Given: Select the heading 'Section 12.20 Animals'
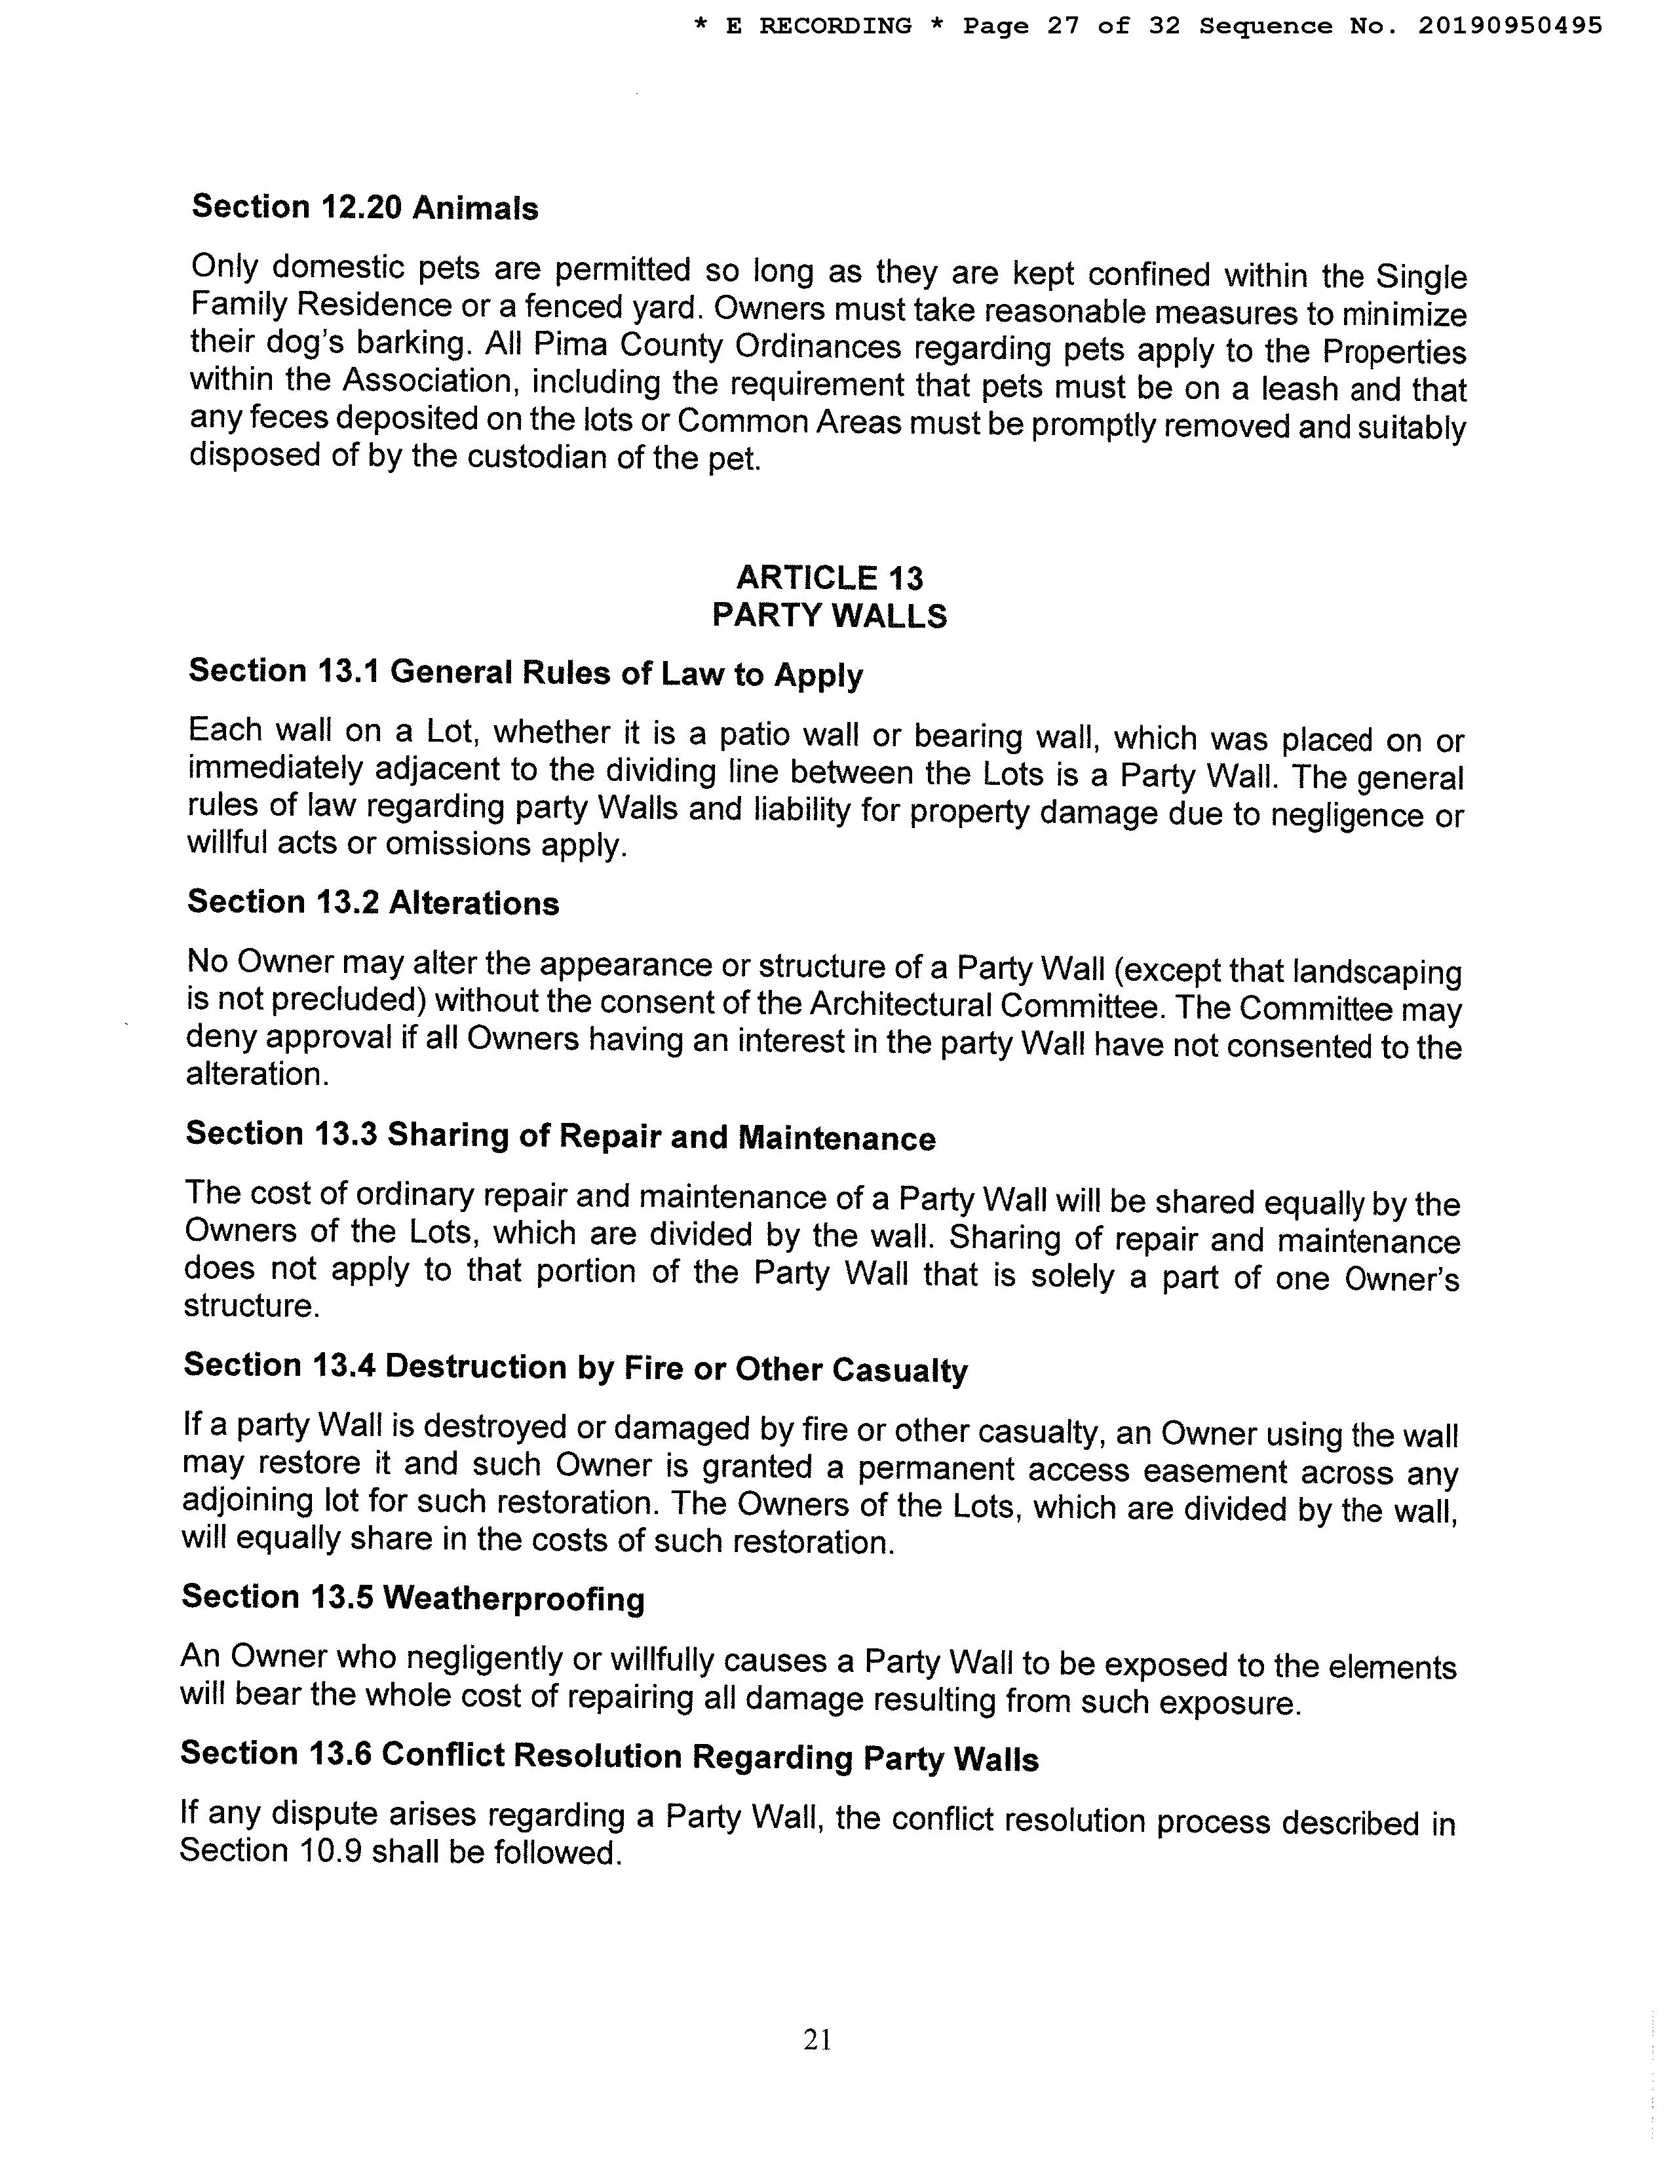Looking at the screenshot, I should (x=365, y=207).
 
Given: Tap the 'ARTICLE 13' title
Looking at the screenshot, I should (x=830, y=577).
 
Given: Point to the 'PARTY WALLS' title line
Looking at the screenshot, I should (x=830, y=616).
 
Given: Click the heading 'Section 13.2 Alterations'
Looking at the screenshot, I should (x=374, y=902).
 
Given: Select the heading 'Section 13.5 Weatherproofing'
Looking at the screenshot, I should (x=413, y=1599).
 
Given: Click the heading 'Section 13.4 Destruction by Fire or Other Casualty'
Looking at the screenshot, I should (x=575, y=1367).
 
